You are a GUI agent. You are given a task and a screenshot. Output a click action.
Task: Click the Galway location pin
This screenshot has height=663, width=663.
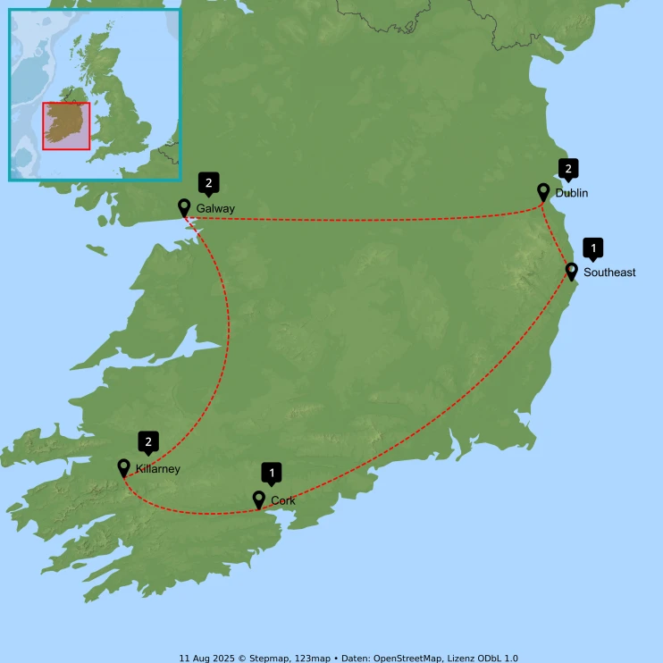[x=184, y=207]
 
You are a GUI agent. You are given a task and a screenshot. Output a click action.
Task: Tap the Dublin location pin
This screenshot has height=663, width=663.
[x=543, y=190]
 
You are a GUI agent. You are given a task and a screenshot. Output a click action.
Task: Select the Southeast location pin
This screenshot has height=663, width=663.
[x=572, y=270]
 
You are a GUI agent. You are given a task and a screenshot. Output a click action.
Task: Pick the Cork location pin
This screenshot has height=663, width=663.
[x=259, y=499]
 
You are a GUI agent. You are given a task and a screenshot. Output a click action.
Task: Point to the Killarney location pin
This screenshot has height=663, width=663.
[x=124, y=466]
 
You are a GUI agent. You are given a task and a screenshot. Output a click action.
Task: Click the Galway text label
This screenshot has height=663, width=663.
[x=215, y=209]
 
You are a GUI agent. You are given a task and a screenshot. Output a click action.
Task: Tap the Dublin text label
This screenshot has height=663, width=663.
[x=572, y=193]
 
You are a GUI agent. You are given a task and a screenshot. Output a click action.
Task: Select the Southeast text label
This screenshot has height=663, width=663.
[x=609, y=273]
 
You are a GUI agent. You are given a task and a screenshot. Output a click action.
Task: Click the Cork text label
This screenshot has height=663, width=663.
[x=283, y=501]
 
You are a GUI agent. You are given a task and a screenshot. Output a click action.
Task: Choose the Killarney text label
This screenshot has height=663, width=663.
[x=159, y=469]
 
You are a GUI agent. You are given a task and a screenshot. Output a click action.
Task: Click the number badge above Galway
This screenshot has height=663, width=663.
[x=208, y=184]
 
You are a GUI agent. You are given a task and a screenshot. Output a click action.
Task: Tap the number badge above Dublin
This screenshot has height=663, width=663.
[x=567, y=168]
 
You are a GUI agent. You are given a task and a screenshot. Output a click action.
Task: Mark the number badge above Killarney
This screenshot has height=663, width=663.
[x=148, y=441]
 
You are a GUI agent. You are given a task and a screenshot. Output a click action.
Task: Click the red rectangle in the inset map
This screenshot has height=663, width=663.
[x=66, y=125]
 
